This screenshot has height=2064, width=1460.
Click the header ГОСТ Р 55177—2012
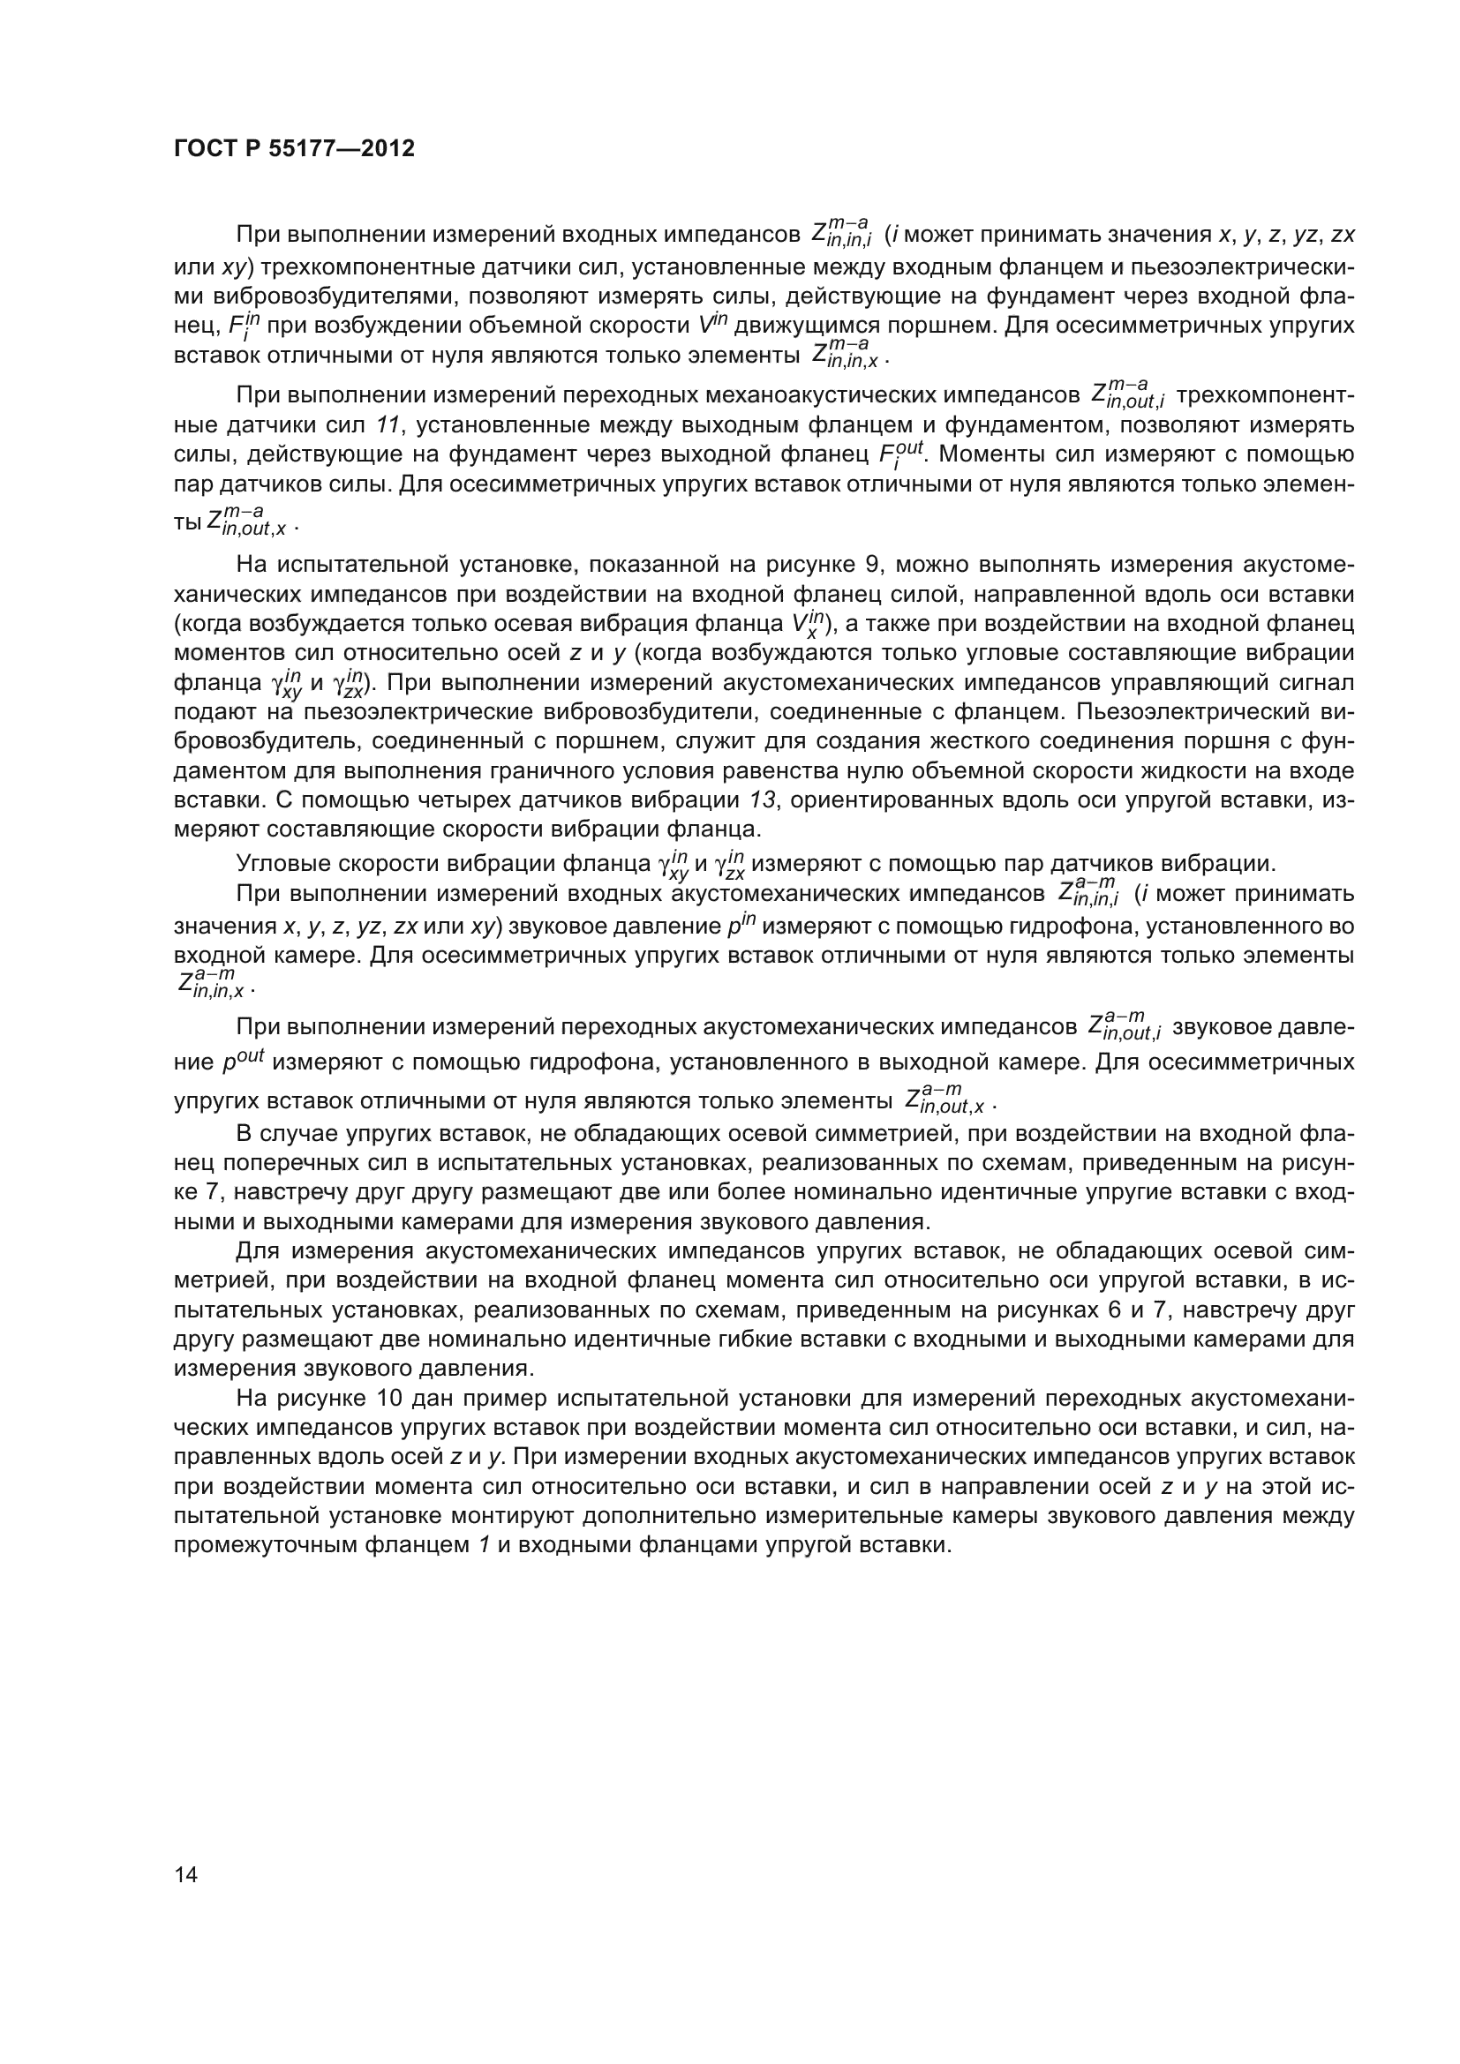coord(294,149)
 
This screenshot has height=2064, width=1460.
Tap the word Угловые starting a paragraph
coord(285,864)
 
